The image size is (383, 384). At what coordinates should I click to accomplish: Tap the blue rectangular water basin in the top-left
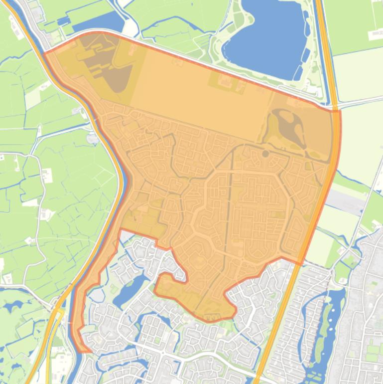pos(95,22)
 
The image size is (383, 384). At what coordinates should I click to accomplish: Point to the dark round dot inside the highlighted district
pos(265,154)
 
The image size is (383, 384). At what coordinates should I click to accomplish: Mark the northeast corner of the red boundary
pos(340,111)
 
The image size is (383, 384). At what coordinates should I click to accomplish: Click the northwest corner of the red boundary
pos(45,53)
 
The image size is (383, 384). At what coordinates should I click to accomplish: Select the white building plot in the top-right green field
pos(376,35)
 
